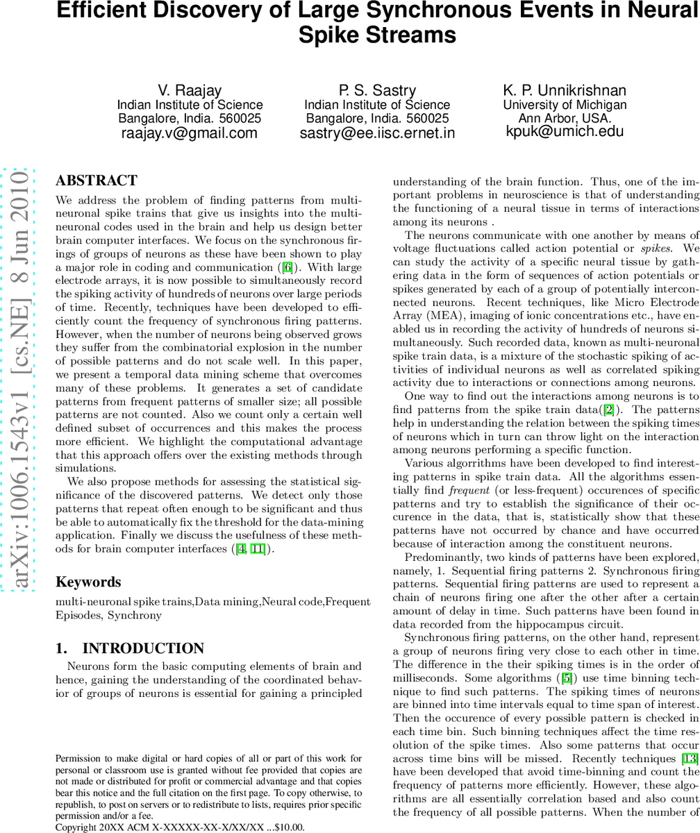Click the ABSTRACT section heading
[97, 181]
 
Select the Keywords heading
[88, 582]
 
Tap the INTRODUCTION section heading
[130, 648]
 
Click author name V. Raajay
[190, 90]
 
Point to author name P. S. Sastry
[377, 90]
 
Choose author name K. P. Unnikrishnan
[565, 90]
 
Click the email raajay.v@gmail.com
[190, 133]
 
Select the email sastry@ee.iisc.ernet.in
[377, 133]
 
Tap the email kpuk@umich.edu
[565, 131]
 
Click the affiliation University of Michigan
[565, 105]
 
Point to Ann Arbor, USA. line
[565, 118]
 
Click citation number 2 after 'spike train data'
[609, 410]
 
